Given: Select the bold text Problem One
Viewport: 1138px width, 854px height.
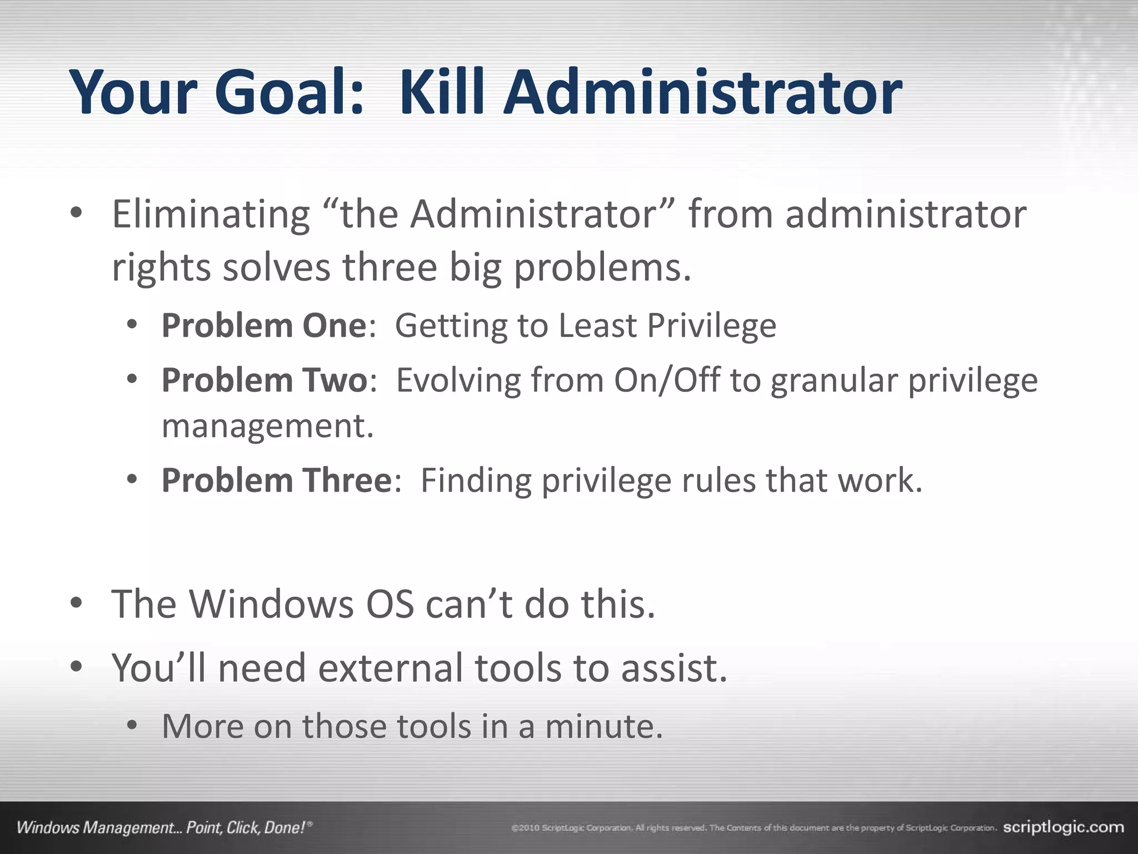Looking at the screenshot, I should click(x=264, y=325).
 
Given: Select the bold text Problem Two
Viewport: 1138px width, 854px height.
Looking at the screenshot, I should click(x=264, y=380).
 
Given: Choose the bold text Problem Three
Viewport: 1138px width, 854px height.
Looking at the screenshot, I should click(x=277, y=480).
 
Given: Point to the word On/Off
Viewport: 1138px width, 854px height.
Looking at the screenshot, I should click(x=666, y=380).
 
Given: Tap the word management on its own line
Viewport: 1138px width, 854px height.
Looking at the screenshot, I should click(x=267, y=426).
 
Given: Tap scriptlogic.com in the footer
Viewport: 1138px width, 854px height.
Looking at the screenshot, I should click(x=1063, y=827).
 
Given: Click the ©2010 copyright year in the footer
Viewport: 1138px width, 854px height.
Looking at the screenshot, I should click(x=525, y=828).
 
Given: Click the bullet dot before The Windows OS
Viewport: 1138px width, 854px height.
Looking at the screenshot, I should click(x=77, y=603).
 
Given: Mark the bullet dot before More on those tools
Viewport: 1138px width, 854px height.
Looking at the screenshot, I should click(x=132, y=725).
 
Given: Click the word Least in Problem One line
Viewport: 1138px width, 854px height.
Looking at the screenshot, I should click(x=597, y=325).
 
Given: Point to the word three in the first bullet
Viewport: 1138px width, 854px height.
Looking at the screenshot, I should click(x=390, y=268).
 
